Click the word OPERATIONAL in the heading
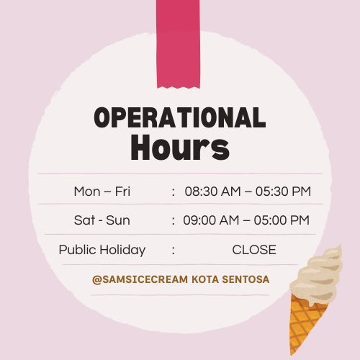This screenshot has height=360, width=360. tap(180, 117)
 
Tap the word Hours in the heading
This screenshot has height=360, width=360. tap(180, 147)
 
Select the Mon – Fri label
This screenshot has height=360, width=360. tap(102, 192)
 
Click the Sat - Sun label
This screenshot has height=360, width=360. tap(102, 220)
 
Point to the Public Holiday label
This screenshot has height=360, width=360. tap(102, 250)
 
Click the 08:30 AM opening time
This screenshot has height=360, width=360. tap(212, 192)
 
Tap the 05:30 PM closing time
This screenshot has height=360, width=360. tap(283, 192)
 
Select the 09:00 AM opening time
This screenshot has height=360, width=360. tap(211, 220)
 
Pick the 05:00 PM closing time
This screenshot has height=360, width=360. tap(282, 220)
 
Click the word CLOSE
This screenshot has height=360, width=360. tap(254, 250)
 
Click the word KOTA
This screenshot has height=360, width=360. tap(205, 279)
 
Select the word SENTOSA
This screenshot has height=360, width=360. tap(246, 279)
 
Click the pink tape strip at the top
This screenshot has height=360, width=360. tap(178, 44)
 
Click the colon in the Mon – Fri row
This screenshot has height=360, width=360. tap(174, 192)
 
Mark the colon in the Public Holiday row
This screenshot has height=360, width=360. tap(174, 251)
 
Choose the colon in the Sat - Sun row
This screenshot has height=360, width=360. tap(174, 221)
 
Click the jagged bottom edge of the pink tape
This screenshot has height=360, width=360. tap(179, 87)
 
